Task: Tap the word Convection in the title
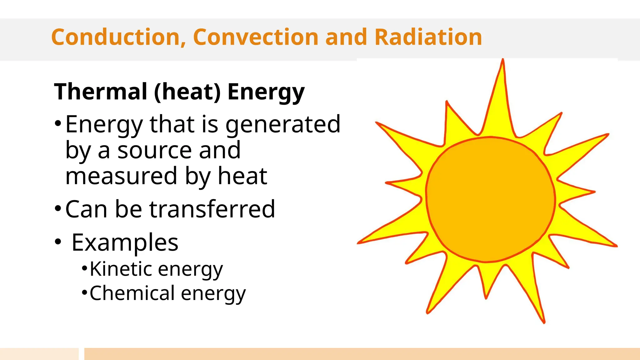(256, 37)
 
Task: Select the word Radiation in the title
(428, 37)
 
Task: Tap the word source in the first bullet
(154, 151)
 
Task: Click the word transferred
(212, 209)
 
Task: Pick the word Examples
(125, 243)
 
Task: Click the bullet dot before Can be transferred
(58, 208)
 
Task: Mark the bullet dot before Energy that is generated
(58, 123)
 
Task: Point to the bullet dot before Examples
(58, 242)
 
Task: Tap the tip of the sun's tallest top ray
(503, 60)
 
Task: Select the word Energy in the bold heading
(266, 92)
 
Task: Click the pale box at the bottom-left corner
(39, 354)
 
